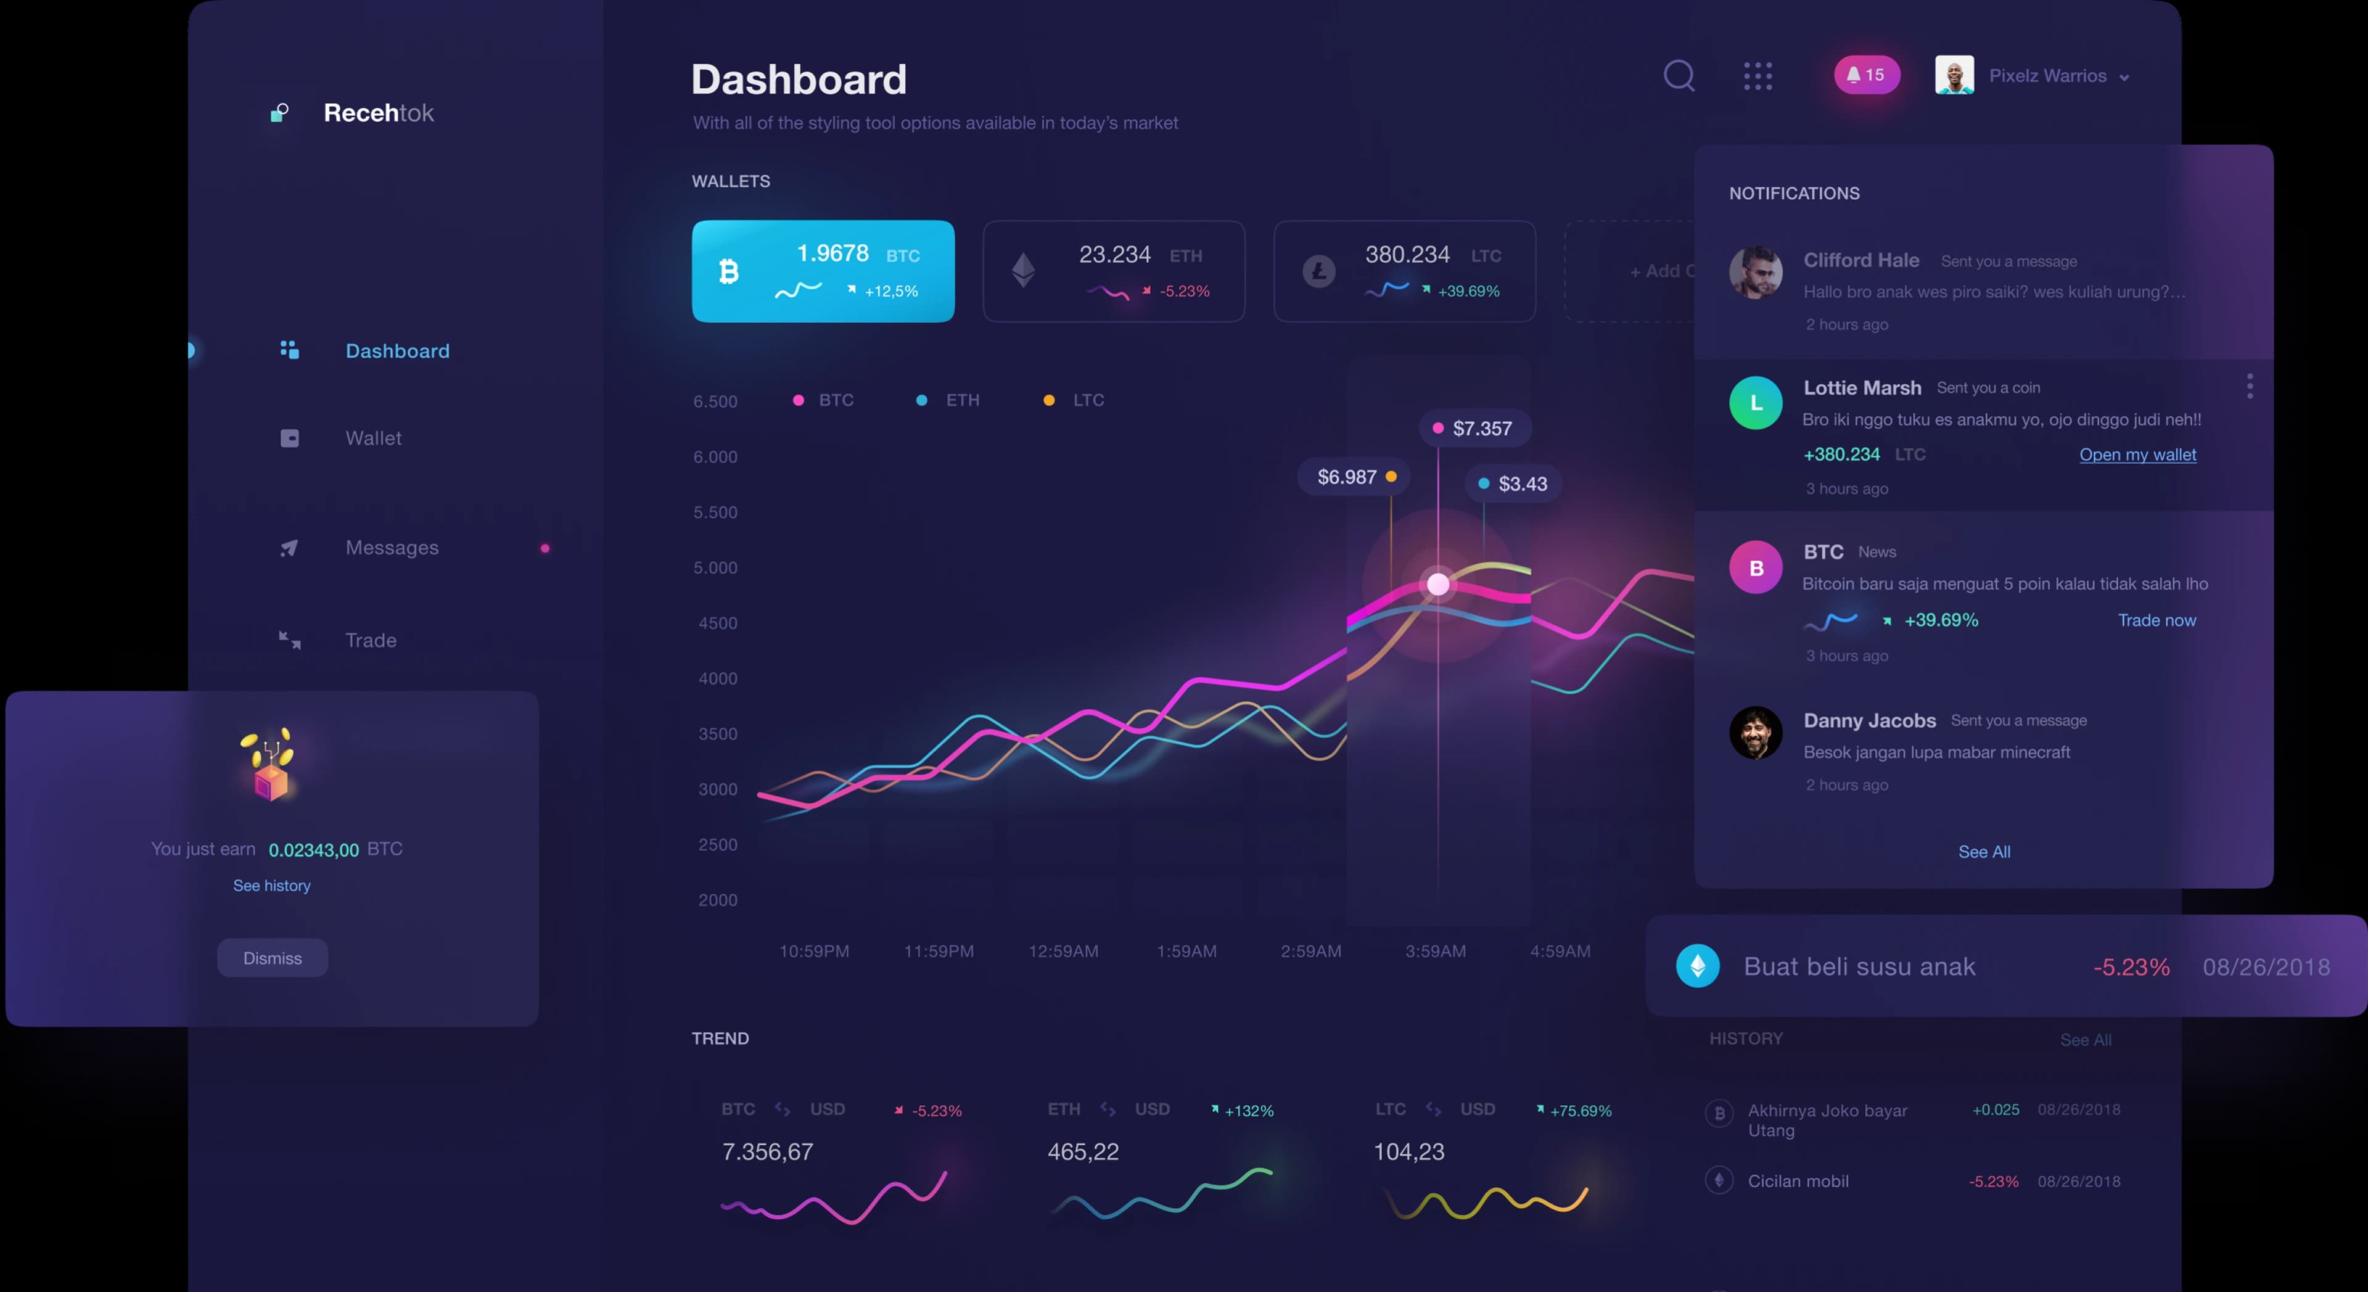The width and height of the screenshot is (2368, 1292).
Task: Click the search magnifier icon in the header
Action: point(1679,75)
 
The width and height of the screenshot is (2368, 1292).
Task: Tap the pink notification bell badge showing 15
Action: point(1866,75)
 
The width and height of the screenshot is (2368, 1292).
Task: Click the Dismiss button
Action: point(272,957)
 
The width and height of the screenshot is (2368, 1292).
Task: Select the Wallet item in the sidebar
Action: point(373,438)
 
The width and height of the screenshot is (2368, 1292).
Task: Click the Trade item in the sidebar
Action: point(371,640)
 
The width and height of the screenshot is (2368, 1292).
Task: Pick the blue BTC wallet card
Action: point(823,271)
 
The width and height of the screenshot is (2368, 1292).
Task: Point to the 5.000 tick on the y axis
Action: point(715,567)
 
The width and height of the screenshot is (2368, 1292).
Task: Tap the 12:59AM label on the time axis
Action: point(1063,951)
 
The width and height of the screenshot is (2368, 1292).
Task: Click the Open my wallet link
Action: point(2137,455)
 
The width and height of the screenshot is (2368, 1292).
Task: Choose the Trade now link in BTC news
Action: point(2156,620)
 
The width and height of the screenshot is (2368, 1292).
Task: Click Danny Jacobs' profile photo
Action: point(1755,733)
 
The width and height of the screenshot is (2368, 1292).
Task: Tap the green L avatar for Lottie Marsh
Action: point(1755,403)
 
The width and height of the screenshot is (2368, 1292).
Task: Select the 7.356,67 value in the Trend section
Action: point(768,1151)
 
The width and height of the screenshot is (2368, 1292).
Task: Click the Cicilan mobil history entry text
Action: point(1797,1181)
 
